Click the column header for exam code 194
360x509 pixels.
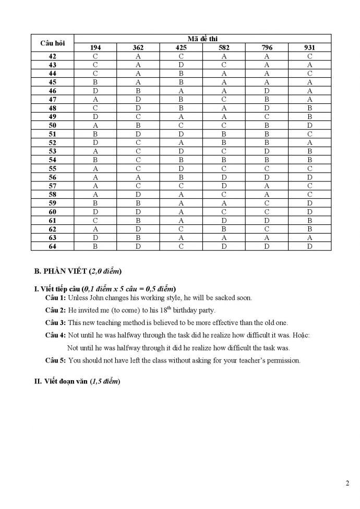click(95, 47)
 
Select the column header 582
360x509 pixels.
click(224, 47)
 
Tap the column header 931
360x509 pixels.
click(309, 47)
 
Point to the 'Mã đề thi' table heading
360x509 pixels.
click(202, 39)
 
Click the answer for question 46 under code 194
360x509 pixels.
click(95, 91)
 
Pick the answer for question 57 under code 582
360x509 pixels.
click(224, 186)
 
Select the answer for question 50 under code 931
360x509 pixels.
click(309, 125)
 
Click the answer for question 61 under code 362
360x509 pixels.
click(138, 220)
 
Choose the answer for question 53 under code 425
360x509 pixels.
click(181, 151)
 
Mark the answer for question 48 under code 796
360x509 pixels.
click(267, 108)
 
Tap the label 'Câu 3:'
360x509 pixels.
click(55, 323)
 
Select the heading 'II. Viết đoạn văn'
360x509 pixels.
click(77, 381)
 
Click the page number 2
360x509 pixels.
click(347, 482)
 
